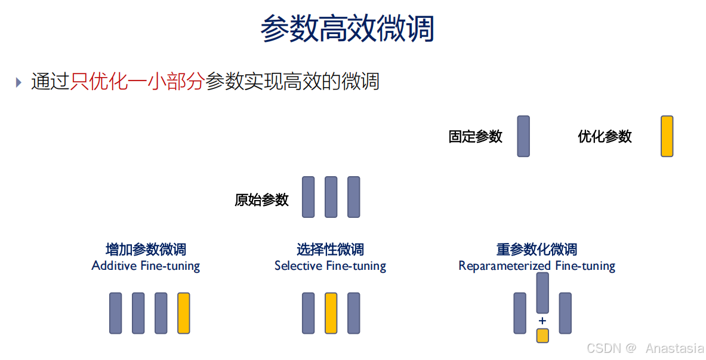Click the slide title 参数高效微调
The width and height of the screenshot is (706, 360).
click(x=347, y=28)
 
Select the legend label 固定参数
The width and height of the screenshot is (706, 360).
click(x=475, y=137)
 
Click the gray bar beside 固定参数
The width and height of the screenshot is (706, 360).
click(x=523, y=136)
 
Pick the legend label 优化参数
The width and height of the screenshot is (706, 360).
click(x=605, y=137)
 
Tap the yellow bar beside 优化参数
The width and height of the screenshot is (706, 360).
click(x=667, y=136)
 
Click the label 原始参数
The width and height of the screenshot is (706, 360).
click(x=261, y=200)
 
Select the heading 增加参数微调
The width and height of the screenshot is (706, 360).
click(x=146, y=250)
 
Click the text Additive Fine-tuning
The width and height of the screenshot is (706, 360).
click(x=146, y=266)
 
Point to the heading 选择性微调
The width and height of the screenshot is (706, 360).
click(x=330, y=250)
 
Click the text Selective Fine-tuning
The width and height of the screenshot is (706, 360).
click(x=330, y=266)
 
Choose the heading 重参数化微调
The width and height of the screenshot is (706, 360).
click(x=537, y=250)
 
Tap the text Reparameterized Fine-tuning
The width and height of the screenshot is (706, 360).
click(x=537, y=266)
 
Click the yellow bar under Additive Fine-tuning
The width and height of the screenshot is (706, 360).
click(x=184, y=313)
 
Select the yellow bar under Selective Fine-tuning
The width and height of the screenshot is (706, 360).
click(x=331, y=313)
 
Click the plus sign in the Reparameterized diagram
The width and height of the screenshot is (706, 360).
click(x=542, y=321)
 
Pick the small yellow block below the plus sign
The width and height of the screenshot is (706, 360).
click(x=542, y=335)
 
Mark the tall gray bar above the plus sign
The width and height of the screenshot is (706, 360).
click(x=542, y=293)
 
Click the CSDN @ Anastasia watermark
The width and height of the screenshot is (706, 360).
click(x=645, y=348)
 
